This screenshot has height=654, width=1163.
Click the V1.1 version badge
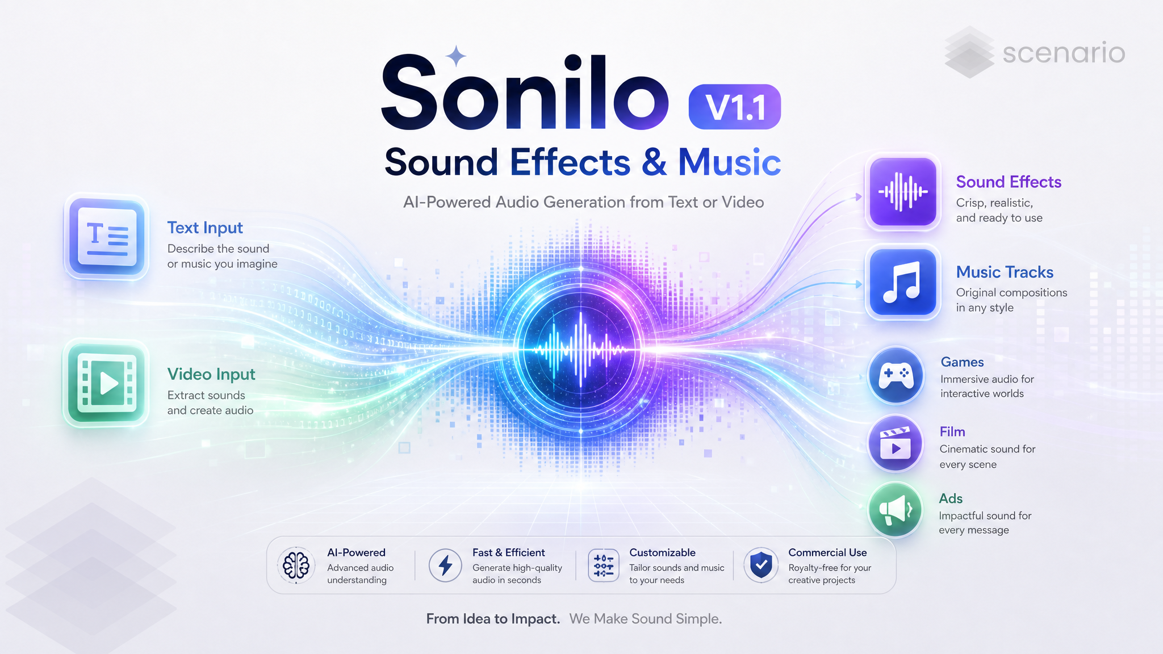point(734,107)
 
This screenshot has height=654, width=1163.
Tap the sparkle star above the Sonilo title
point(455,56)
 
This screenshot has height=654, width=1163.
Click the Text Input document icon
point(106,237)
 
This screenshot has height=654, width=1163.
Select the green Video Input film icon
point(106,383)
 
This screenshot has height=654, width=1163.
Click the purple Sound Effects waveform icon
point(903,192)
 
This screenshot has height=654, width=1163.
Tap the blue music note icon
point(903,282)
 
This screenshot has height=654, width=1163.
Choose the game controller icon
point(896,375)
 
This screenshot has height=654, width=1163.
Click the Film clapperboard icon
point(896,444)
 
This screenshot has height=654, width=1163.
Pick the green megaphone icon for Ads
point(896,509)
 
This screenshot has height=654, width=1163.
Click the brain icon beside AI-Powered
point(296,565)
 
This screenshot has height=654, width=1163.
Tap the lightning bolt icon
point(445,565)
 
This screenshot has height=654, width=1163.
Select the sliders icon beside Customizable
point(603,565)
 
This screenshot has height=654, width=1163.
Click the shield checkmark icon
point(761,565)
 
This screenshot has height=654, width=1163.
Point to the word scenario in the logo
point(1064,53)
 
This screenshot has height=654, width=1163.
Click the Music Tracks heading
point(1005,272)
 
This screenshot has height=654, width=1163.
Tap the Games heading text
point(962,362)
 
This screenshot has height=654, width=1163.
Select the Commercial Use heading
point(827,552)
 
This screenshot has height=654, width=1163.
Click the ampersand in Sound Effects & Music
point(654,162)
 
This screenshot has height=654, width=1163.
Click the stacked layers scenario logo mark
point(969,52)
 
